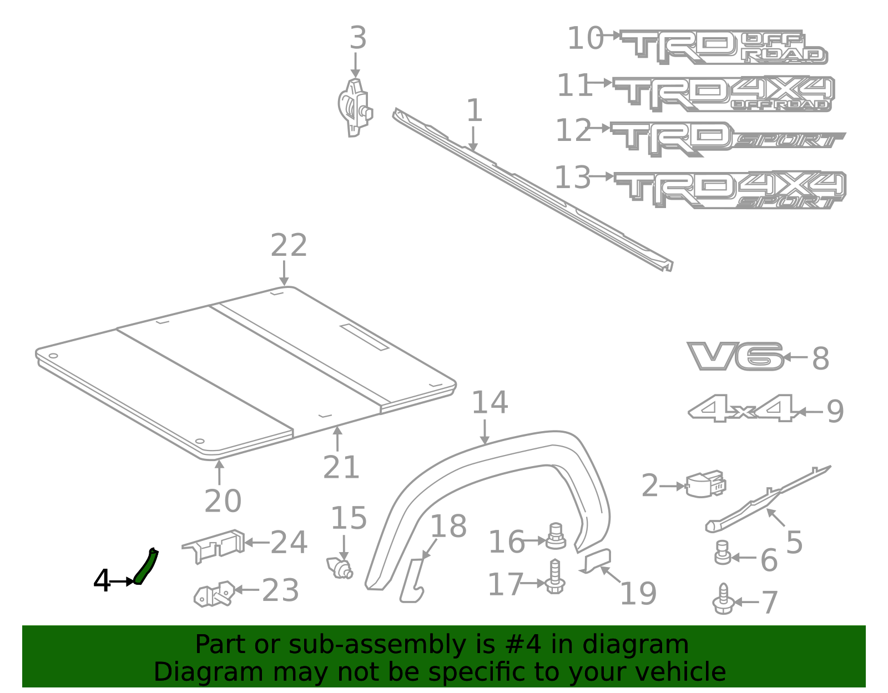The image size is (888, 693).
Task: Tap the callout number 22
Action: pos(289,246)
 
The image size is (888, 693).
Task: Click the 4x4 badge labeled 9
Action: pos(743,409)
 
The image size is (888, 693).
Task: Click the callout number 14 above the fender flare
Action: pos(490,403)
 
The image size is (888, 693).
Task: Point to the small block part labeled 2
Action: pos(705,484)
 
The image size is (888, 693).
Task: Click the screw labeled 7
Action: pos(723,600)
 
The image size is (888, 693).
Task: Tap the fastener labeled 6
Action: pos(722,553)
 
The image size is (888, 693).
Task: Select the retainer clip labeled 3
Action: pos(355,107)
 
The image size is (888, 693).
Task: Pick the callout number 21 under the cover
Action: pos(341,467)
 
